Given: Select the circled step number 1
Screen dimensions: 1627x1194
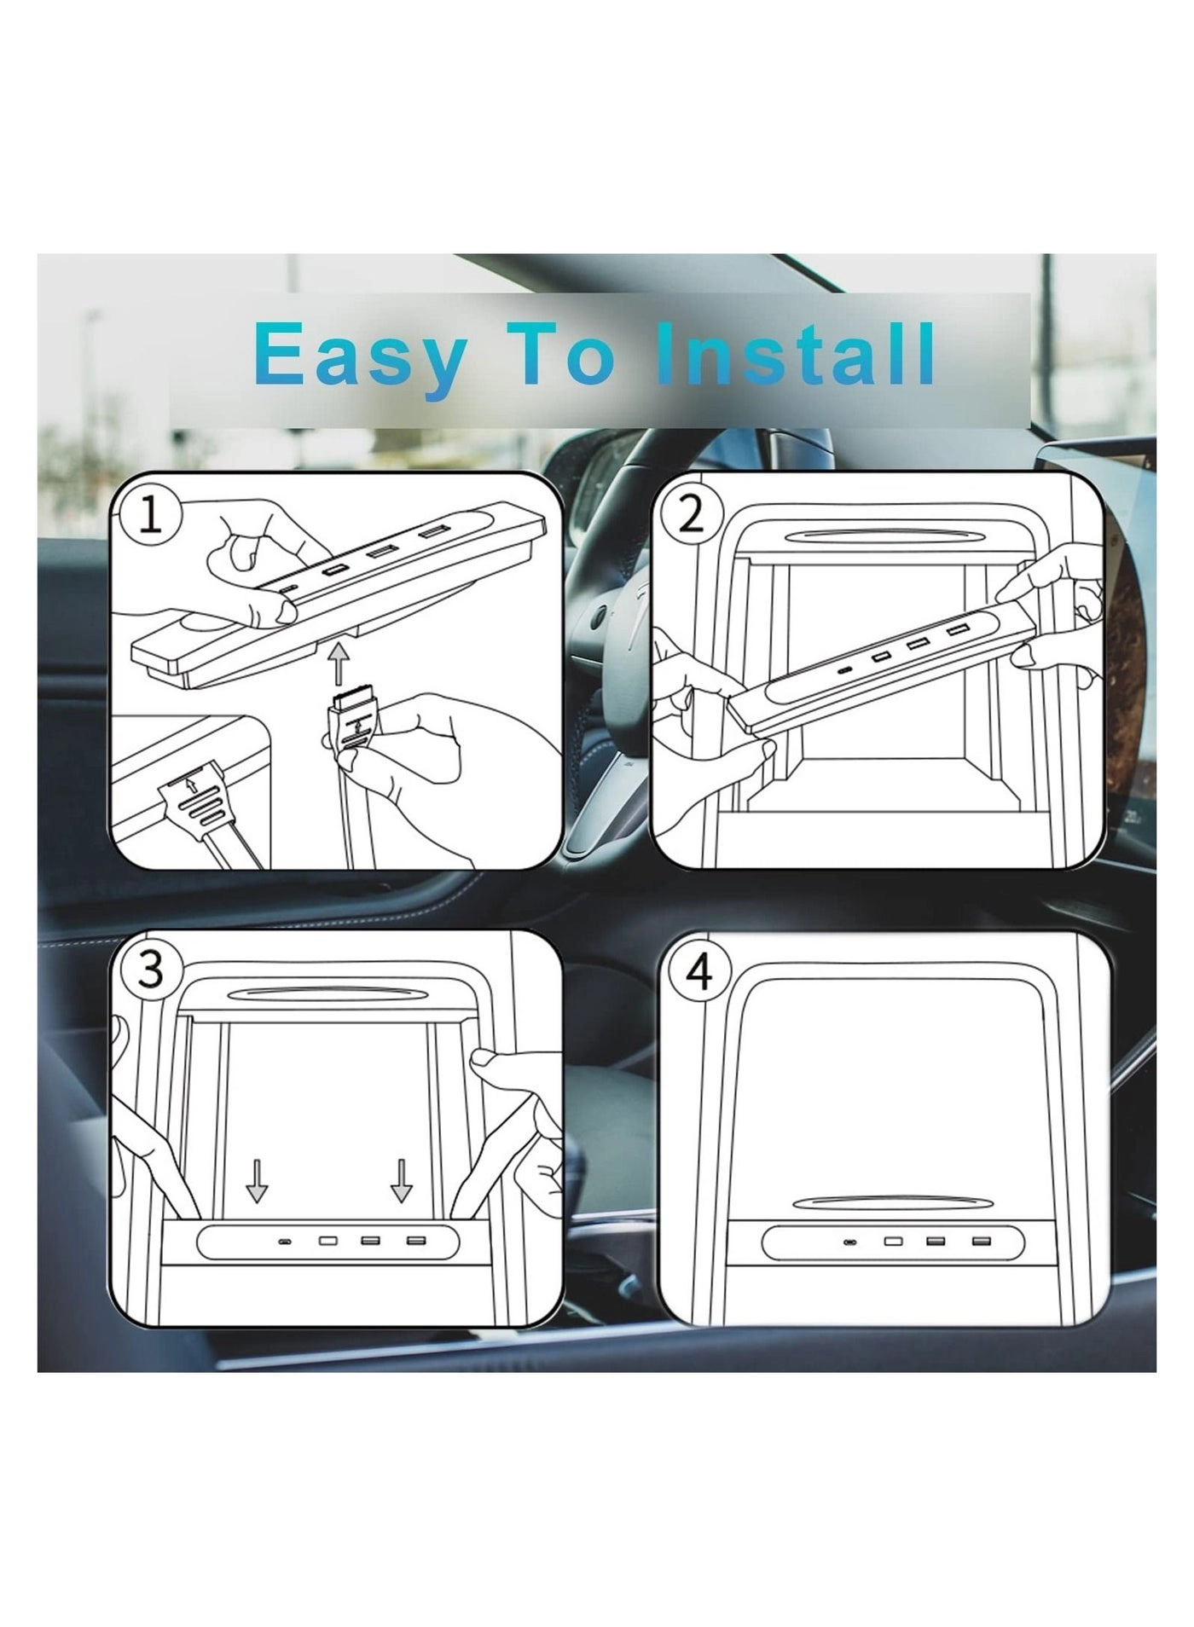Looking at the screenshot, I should pyautogui.click(x=149, y=516).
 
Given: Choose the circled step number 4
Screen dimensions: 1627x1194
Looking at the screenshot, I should pyautogui.click(x=698, y=971).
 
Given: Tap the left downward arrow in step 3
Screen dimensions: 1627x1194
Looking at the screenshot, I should pyautogui.click(x=257, y=1181).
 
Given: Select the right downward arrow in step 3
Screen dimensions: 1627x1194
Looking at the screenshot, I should pyautogui.click(x=401, y=1181).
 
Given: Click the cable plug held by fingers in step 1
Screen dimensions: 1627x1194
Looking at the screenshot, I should pyautogui.click(x=350, y=721).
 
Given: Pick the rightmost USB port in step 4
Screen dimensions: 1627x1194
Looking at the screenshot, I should pyautogui.click(x=978, y=1241).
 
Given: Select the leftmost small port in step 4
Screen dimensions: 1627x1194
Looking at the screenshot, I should pyautogui.click(x=849, y=1242).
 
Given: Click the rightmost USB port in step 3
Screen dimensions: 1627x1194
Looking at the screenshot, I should pyautogui.click(x=415, y=1241).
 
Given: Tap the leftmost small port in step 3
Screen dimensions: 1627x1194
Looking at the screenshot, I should pyautogui.click(x=285, y=1242).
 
